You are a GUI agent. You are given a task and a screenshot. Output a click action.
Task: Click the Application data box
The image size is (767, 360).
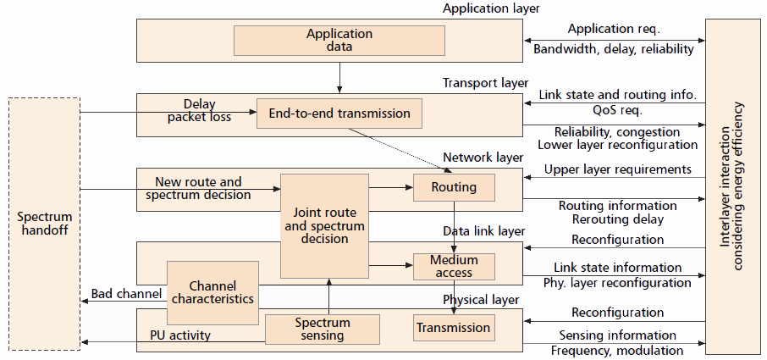click(339, 41)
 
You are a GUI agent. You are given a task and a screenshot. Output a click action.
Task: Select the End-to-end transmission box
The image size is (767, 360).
click(339, 114)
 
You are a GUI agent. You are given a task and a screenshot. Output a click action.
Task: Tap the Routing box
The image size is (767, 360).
click(454, 187)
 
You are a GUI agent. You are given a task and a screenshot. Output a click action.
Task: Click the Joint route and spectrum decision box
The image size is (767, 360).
click(324, 226)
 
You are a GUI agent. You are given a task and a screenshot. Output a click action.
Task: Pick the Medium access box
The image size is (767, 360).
click(454, 266)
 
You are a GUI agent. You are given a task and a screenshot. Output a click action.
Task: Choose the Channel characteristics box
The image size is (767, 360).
click(212, 293)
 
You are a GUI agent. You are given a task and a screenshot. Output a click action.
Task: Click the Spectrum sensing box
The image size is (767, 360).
click(322, 329)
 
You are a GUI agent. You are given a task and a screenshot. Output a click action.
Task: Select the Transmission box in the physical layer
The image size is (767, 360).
click(454, 328)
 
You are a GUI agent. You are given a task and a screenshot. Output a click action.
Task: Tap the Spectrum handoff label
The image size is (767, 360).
click(44, 224)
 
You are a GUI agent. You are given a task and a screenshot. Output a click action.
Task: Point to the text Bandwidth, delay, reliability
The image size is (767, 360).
click(614, 49)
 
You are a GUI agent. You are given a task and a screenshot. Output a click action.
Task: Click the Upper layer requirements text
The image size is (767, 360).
click(617, 169)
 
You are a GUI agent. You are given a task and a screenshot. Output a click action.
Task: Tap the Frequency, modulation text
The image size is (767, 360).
click(617, 351)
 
